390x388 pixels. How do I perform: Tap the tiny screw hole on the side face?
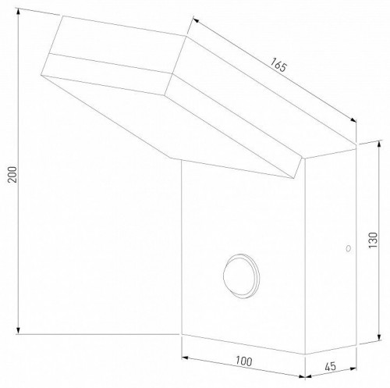[346, 248]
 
